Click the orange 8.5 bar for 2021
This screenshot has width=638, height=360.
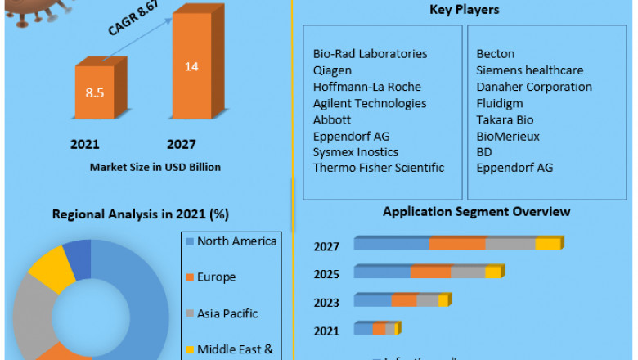(94, 92)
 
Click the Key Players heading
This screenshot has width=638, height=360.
(464, 10)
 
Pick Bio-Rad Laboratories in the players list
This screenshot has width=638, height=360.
(370, 54)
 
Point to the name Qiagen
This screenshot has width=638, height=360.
(333, 70)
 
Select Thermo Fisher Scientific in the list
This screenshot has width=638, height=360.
(379, 168)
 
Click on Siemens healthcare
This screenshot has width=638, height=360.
(529, 70)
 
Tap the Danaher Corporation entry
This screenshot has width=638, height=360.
(534, 87)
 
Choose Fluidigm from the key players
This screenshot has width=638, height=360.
(500, 103)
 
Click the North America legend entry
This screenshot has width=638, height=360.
(237, 241)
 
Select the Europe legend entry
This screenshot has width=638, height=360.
(216, 277)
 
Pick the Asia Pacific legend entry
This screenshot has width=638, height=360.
(227, 313)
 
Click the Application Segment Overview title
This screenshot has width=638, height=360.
(477, 211)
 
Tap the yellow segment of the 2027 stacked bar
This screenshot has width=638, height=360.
(548, 244)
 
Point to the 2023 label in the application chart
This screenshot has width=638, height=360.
(326, 302)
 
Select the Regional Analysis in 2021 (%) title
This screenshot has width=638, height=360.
(141, 214)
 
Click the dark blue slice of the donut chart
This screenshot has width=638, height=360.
(78, 257)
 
